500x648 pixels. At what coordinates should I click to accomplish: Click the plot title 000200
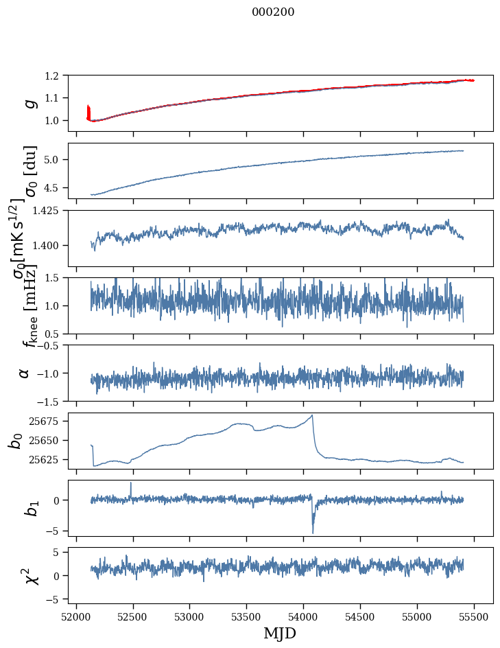(x=273, y=12)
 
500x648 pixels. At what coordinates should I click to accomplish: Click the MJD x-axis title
(x=280, y=633)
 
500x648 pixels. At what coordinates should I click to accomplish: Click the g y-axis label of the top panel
(x=29, y=103)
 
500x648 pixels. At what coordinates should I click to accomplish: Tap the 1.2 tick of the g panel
(x=58, y=76)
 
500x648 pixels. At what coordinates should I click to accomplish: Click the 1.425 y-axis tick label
(x=51, y=211)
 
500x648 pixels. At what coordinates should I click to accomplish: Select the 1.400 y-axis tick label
(x=51, y=245)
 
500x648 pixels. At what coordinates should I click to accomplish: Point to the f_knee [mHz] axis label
(x=29, y=305)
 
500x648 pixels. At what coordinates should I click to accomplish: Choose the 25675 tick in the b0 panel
(x=48, y=421)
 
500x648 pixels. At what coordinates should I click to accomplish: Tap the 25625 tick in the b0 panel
(x=48, y=459)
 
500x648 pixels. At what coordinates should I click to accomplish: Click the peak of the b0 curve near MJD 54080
(x=313, y=415)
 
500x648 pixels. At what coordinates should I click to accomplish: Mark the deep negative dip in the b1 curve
(x=313, y=532)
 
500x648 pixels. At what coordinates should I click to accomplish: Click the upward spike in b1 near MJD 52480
(x=131, y=483)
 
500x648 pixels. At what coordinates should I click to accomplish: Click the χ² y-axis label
(x=29, y=575)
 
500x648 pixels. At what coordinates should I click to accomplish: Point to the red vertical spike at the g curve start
(x=88, y=111)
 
